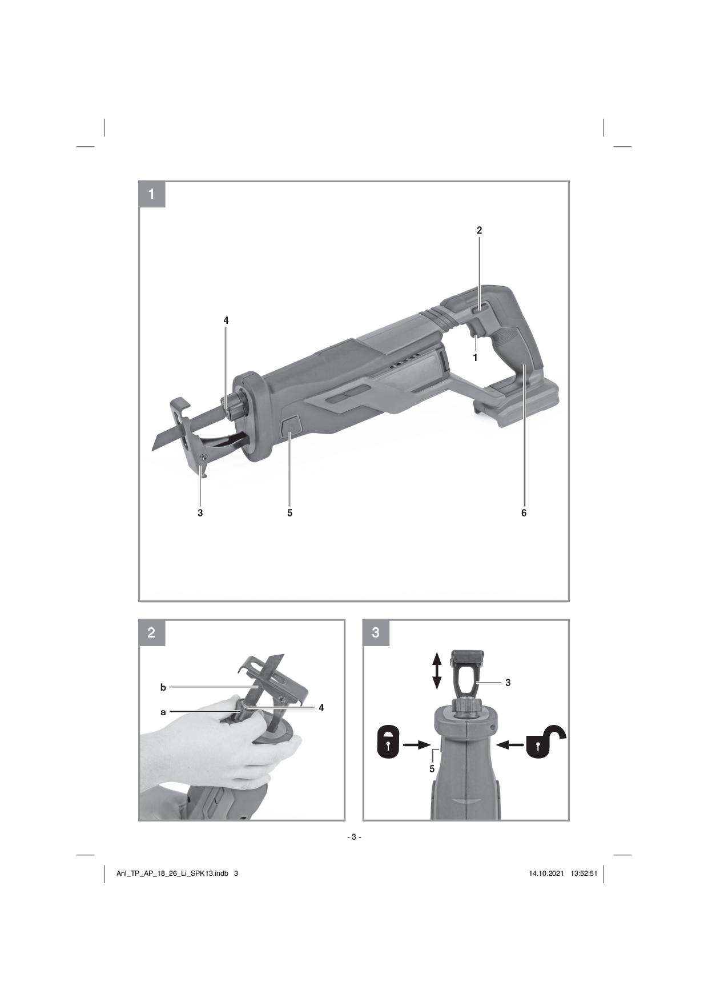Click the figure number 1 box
coord(152,194)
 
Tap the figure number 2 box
coord(152,633)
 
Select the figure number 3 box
coord(376,633)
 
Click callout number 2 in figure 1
coord(480,230)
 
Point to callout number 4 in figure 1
coord(226,320)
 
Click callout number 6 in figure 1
coord(524,513)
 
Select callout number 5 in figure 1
coord(290,513)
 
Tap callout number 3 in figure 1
coord(200,513)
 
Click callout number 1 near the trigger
coord(475,358)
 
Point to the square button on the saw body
coord(291,426)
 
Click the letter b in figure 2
coord(163,687)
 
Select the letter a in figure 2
coord(163,712)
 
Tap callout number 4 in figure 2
coord(321,708)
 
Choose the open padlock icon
coord(544,743)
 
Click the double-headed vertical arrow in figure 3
coord(437,671)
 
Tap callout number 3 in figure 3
coord(508,683)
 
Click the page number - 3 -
coord(354,837)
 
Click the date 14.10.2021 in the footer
coord(546,873)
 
